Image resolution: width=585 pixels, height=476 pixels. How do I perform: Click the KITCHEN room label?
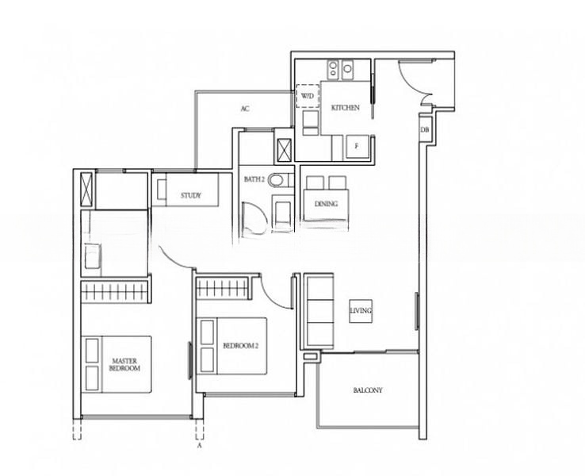pyautogui.click(x=346, y=108)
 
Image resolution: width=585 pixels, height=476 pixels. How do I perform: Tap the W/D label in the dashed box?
pyautogui.click(x=308, y=96)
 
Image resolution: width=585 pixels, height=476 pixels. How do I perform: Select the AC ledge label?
pyautogui.click(x=245, y=109)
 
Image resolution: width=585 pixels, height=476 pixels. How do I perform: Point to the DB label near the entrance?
pyautogui.click(x=425, y=130)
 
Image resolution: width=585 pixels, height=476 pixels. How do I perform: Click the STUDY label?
pyautogui.click(x=191, y=195)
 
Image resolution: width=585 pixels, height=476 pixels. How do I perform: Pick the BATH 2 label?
pyautogui.click(x=254, y=179)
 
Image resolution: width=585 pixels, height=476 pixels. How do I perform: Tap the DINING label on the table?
pyautogui.click(x=326, y=204)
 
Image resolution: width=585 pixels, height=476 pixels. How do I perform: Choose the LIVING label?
pyautogui.click(x=361, y=311)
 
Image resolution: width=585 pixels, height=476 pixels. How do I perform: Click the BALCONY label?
pyautogui.click(x=368, y=390)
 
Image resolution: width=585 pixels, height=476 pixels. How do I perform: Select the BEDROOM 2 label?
pyautogui.click(x=241, y=346)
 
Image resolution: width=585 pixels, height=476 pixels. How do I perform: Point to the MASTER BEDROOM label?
pyautogui.click(x=124, y=365)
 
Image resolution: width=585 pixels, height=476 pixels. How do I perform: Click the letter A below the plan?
pyautogui.click(x=199, y=445)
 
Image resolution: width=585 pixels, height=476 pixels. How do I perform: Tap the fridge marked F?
pyautogui.click(x=357, y=147)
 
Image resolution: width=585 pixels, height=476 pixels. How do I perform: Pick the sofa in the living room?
pyautogui.click(x=319, y=311)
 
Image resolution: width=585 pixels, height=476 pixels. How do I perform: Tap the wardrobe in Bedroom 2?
pyautogui.click(x=223, y=288)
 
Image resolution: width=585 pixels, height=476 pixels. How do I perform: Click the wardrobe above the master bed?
pyautogui.click(x=114, y=292)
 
